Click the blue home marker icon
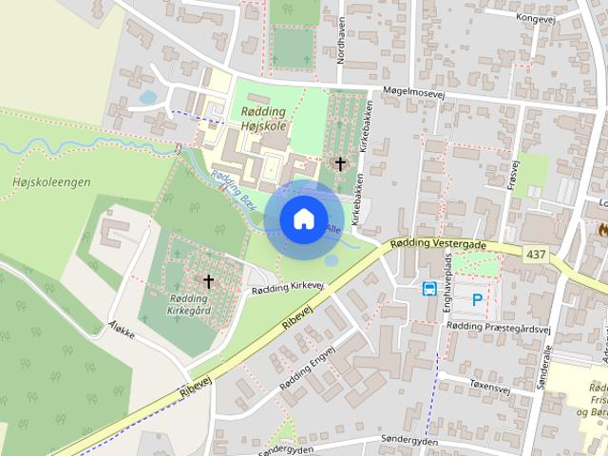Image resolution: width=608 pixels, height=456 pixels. click(x=303, y=218)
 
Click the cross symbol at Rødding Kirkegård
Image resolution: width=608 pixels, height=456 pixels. click(x=208, y=281)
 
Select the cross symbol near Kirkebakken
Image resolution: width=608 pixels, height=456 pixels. click(x=340, y=163)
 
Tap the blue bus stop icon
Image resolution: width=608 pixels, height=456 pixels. click(x=429, y=289)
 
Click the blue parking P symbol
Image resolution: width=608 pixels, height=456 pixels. click(x=477, y=299)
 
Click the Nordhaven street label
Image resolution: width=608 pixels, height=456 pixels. click(x=340, y=40)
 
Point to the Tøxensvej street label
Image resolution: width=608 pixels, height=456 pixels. click(x=488, y=386)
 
